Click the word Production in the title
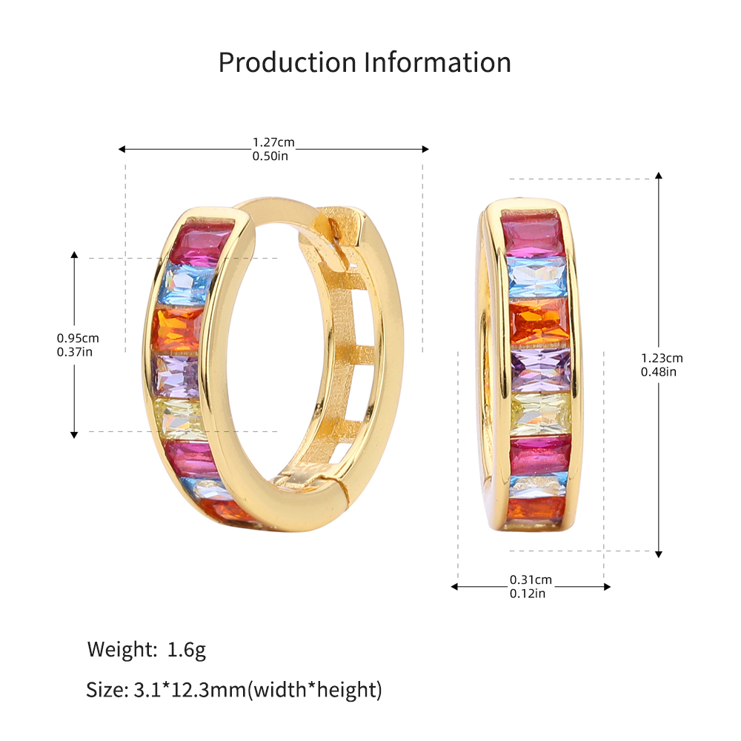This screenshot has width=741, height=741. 288,63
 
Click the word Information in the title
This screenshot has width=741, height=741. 438,62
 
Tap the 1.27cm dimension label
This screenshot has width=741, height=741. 273,142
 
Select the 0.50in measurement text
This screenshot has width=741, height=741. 270,156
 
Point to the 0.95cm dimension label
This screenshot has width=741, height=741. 78,339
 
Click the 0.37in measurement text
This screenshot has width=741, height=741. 75,352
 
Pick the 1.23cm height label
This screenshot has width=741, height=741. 662,358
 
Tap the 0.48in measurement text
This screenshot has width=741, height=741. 658,372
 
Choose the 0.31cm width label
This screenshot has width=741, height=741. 531,580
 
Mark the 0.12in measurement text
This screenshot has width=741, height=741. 527,594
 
